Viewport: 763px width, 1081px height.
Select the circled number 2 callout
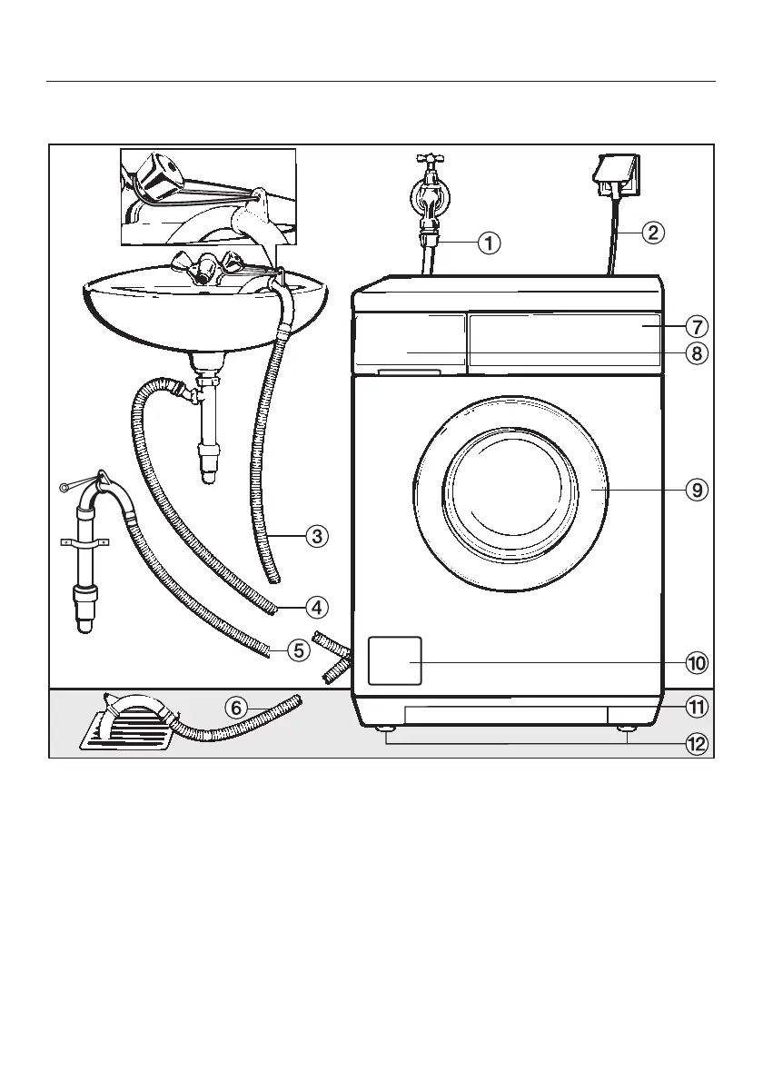(652, 233)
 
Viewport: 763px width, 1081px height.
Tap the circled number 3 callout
(315, 536)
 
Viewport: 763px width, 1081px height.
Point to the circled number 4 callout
(315, 605)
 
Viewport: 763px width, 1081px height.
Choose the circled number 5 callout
(299, 650)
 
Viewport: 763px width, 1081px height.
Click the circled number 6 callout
(235, 707)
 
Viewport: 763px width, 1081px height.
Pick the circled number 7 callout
(696, 325)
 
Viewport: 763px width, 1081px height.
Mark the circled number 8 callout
(696, 353)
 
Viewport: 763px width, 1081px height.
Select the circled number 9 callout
(696, 490)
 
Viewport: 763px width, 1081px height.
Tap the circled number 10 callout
(696, 663)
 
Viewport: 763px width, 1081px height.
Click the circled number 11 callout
(696, 706)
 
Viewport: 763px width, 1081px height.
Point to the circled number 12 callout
(696, 744)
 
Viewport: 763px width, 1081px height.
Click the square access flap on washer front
(394, 660)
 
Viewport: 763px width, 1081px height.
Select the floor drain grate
(123, 729)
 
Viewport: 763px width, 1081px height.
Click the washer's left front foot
(386, 728)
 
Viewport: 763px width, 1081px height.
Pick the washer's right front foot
(627, 728)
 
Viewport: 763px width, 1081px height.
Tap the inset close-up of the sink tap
(208, 196)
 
